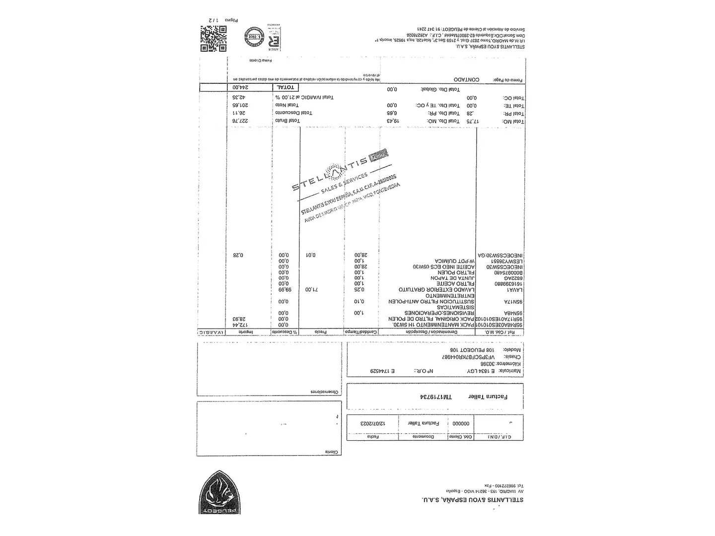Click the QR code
214,39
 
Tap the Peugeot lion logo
220,492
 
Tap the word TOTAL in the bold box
286,88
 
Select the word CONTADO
466,80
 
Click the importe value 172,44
239,324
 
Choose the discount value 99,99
284,290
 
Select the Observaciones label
325,392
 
